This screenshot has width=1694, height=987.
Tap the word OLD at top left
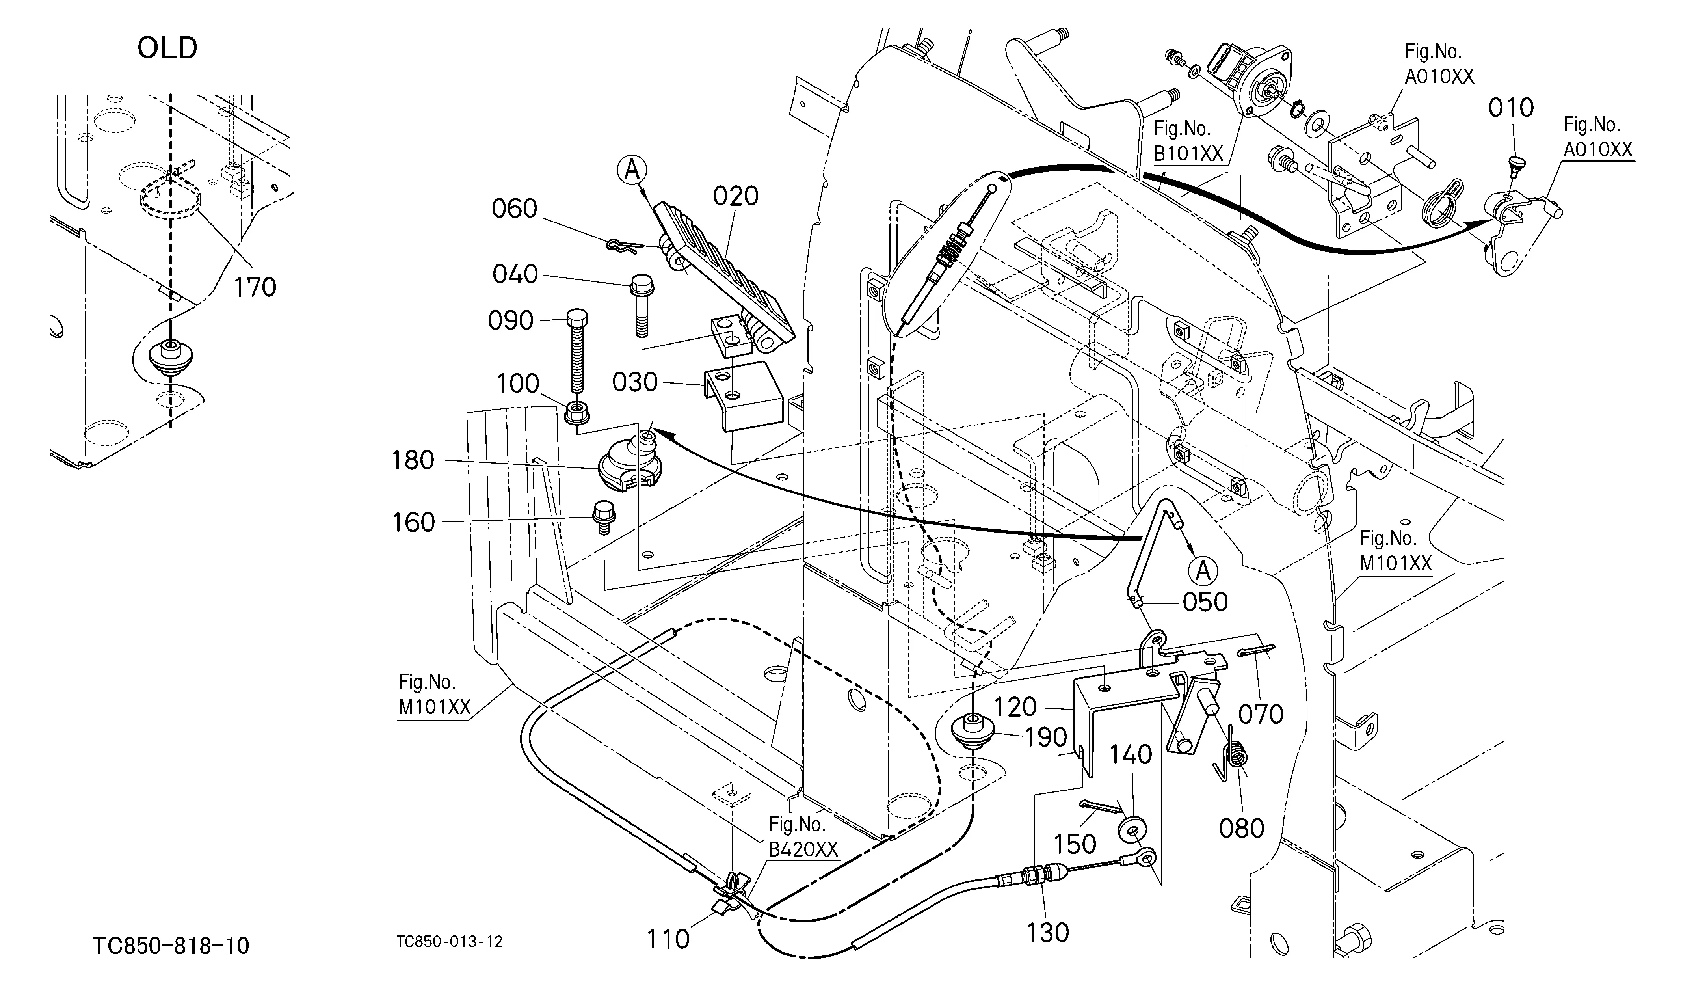pyautogui.click(x=167, y=48)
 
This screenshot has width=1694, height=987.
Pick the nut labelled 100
pyautogui.click(x=575, y=412)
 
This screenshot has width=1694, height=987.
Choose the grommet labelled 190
pyautogui.click(x=973, y=734)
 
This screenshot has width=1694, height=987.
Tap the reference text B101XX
pyautogui.click(x=1188, y=153)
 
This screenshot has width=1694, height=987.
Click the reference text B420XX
pyautogui.click(x=803, y=850)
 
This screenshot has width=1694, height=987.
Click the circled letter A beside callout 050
pyautogui.click(x=1203, y=571)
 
